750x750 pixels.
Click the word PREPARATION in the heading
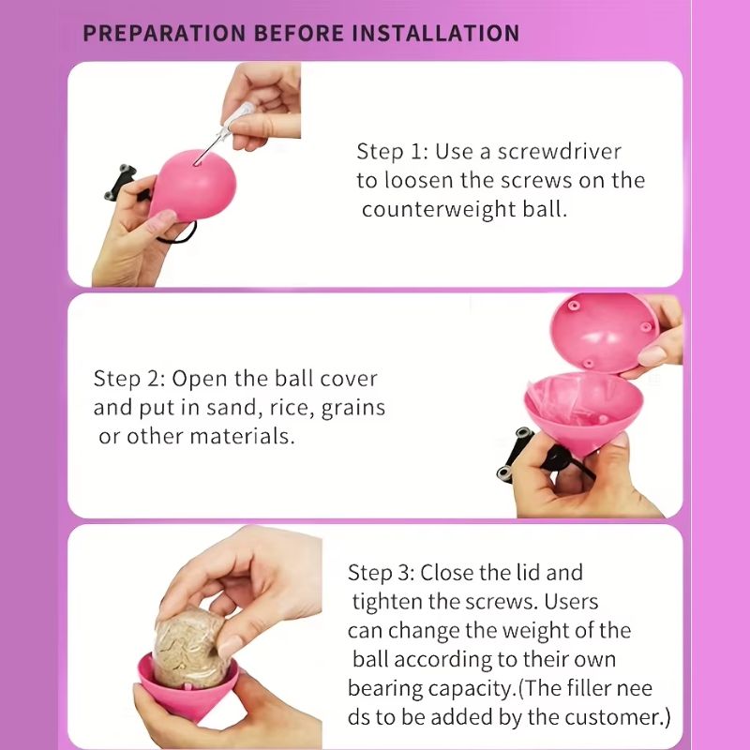(164, 33)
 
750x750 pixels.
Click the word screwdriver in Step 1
(559, 152)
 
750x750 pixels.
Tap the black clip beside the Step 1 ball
(123, 183)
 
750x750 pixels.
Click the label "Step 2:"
(129, 379)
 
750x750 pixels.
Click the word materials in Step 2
(242, 436)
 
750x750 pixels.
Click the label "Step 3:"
(381, 573)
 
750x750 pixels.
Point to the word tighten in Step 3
(387, 602)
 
